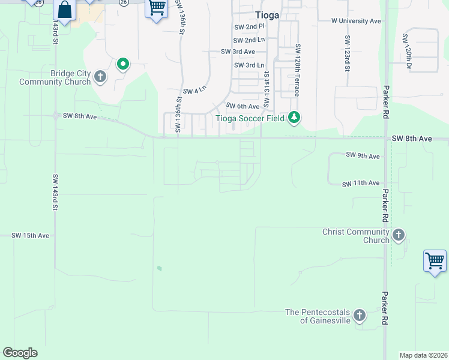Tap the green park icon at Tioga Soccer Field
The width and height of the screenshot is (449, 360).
tap(294, 117)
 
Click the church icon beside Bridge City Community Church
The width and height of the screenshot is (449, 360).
tap(100, 77)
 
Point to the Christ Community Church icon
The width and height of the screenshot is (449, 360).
tap(399, 235)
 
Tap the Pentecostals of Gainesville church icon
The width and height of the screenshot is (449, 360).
tap(359, 315)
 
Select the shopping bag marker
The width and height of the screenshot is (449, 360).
tap(64, 10)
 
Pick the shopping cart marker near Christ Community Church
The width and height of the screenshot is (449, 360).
tap(435, 261)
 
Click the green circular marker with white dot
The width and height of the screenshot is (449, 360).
tap(123, 64)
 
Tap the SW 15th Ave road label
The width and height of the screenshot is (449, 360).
tap(30, 236)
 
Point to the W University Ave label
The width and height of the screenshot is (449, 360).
tap(357, 20)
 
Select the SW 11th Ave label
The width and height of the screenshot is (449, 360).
tap(361, 183)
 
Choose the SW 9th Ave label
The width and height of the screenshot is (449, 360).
tap(363, 156)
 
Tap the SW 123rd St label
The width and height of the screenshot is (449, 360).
tap(347, 53)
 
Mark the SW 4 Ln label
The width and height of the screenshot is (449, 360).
tap(194, 91)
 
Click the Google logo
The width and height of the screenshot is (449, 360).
tap(20, 353)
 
